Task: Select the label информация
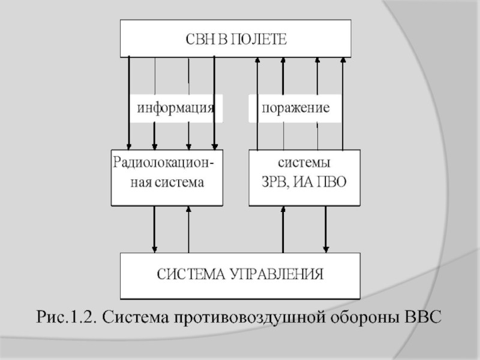coord(175,109)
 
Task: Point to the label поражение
coord(295,109)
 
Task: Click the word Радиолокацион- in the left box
coord(166,163)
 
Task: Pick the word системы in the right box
coord(304,163)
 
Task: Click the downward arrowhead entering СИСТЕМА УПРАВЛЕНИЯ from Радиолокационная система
coord(155,249)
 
